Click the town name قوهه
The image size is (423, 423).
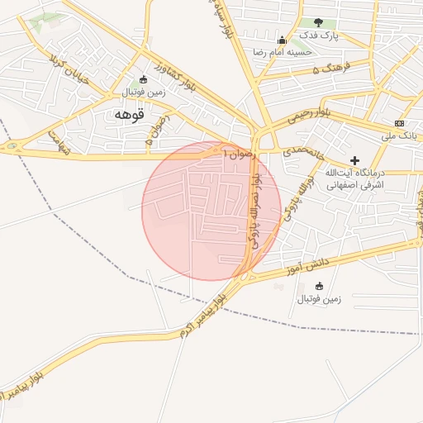pos(129,115)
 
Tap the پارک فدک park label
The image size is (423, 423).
pos(319,36)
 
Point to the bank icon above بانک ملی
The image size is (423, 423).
pos(400,122)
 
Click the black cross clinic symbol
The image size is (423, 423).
pos(355,159)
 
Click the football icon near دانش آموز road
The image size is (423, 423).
pos(320,286)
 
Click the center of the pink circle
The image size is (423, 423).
pos(211,211)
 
